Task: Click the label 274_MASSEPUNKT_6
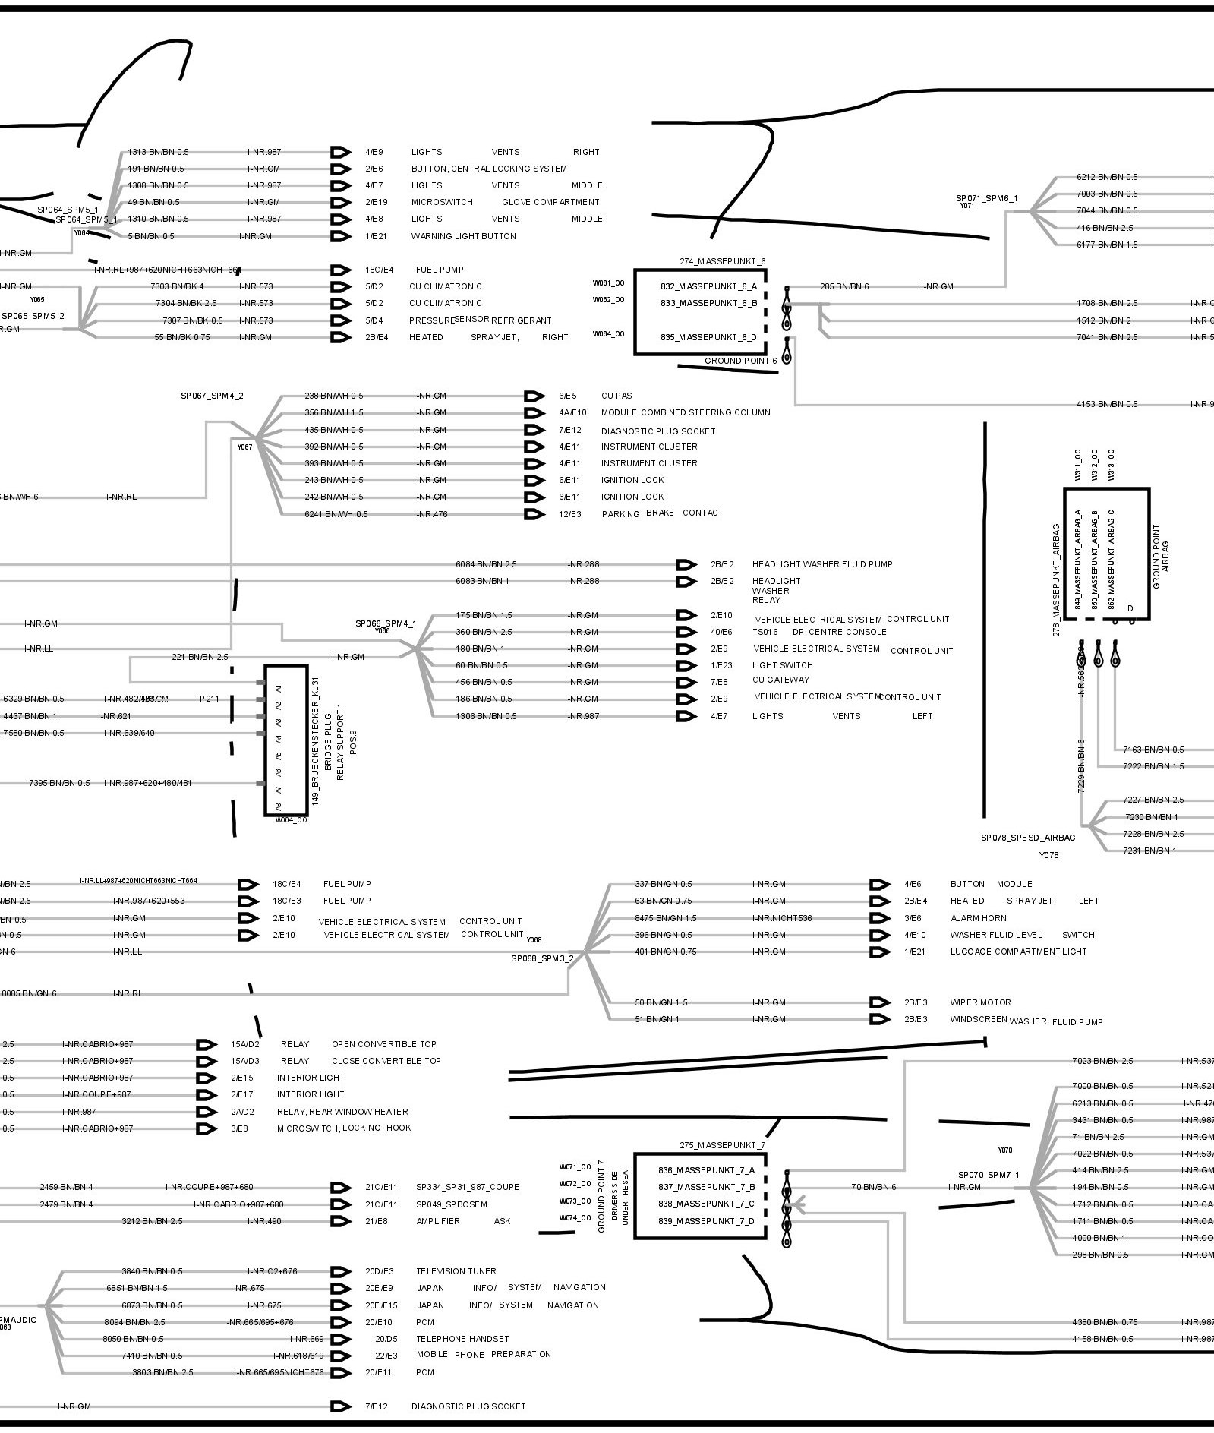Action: pyautogui.click(x=723, y=261)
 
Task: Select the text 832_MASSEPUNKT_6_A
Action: pyautogui.click(x=708, y=286)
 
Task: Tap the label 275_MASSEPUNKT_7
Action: pyautogui.click(x=723, y=1145)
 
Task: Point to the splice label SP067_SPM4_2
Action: pyautogui.click(x=212, y=396)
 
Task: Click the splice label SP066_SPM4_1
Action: pyautogui.click(x=386, y=623)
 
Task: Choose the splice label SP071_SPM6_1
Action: pyautogui.click(x=986, y=198)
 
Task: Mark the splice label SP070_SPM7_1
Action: pyautogui.click(x=989, y=1175)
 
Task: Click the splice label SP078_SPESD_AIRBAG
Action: pyautogui.click(x=1028, y=838)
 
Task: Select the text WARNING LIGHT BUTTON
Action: pyautogui.click(x=463, y=236)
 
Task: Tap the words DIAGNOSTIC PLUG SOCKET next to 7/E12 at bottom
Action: pyautogui.click(x=468, y=1406)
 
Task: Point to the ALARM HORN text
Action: pyautogui.click(x=978, y=918)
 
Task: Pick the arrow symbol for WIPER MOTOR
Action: pyautogui.click(x=879, y=1002)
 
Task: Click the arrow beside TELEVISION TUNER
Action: pyautogui.click(x=342, y=1271)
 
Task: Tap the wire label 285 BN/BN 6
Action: pyautogui.click(x=844, y=286)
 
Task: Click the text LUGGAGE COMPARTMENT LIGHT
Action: pyautogui.click(x=1018, y=952)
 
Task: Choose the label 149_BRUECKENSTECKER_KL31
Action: pyautogui.click(x=316, y=740)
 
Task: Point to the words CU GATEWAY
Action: pyautogui.click(x=780, y=680)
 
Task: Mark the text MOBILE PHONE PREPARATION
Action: pyautogui.click(x=484, y=1354)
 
